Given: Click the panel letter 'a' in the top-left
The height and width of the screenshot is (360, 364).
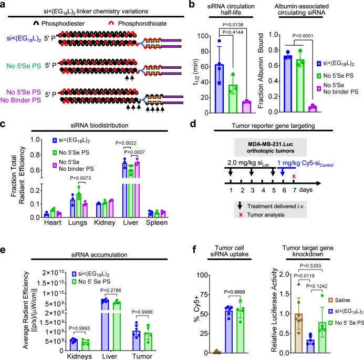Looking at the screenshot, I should pyautogui.click(x=5, y=5).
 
